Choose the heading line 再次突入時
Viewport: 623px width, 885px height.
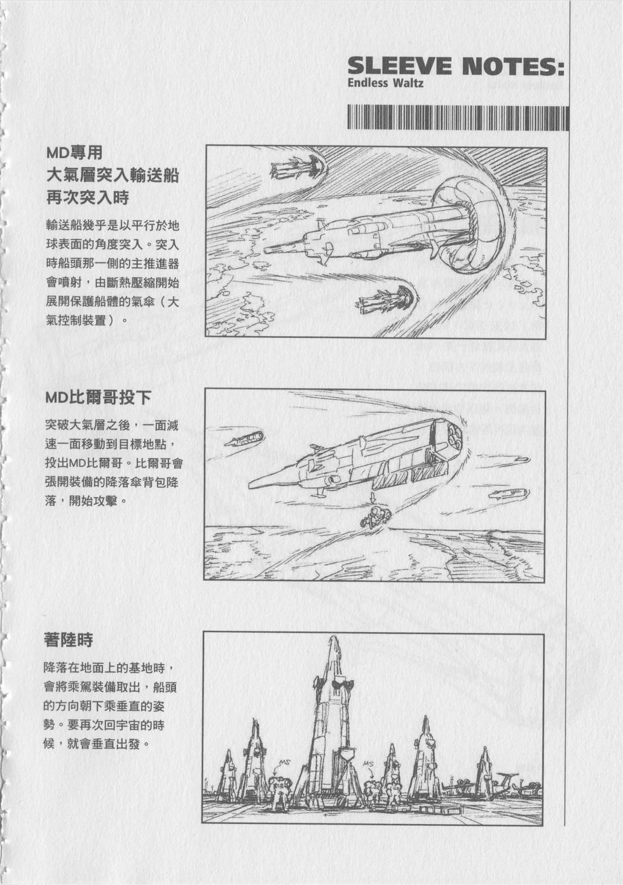pos(87,198)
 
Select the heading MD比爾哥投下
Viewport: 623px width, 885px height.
pos(98,397)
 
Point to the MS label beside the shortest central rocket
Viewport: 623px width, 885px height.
pos(367,763)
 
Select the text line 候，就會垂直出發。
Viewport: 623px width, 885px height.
pos(96,743)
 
